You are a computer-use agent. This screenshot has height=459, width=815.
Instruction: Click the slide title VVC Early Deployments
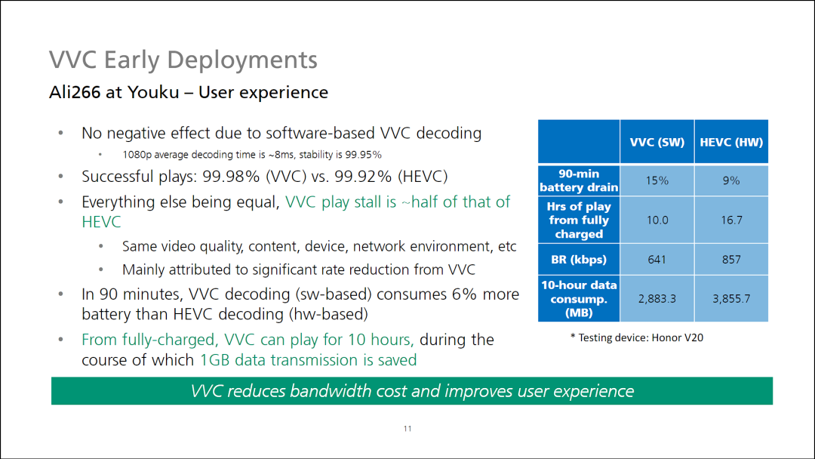click(x=183, y=60)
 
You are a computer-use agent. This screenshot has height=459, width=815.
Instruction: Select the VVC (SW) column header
click(x=657, y=143)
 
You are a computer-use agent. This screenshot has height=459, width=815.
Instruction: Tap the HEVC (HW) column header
click(x=731, y=143)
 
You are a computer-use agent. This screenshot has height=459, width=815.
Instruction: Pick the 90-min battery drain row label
click(x=579, y=180)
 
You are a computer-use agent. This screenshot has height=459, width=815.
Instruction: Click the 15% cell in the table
click(x=657, y=180)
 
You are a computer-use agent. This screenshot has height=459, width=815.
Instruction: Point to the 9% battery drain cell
click(x=731, y=180)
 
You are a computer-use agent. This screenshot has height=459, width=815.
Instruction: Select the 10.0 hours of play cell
click(x=657, y=220)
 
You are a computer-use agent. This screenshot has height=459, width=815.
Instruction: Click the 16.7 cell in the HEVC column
click(x=731, y=220)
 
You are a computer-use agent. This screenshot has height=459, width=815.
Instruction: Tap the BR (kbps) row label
click(x=579, y=260)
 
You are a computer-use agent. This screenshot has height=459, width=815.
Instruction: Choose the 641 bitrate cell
click(x=657, y=260)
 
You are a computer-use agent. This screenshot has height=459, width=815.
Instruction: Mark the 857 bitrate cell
click(x=731, y=260)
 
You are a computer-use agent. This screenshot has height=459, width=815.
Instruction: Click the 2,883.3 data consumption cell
click(x=657, y=299)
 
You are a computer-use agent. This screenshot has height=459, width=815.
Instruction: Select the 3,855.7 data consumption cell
click(x=731, y=299)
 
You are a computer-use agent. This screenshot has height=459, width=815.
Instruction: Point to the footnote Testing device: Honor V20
click(x=637, y=338)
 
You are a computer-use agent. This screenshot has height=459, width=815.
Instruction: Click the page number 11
click(x=407, y=429)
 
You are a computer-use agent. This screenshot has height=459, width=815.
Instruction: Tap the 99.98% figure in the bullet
click(x=231, y=177)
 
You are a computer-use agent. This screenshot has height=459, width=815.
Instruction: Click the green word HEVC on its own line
click(x=101, y=222)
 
